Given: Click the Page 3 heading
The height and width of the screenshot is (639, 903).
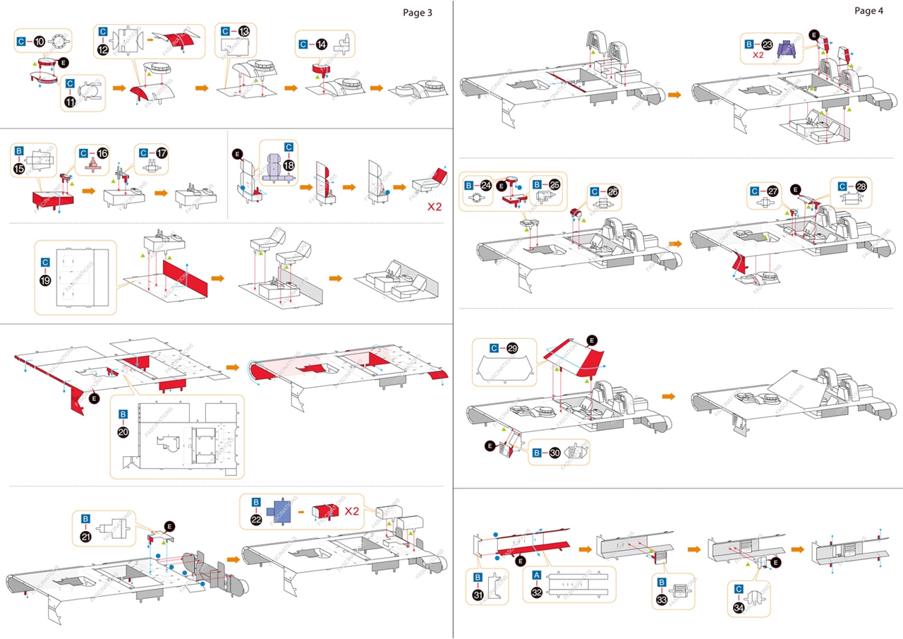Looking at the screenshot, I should [417, 12].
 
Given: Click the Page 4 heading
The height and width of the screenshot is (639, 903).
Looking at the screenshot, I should [868, 10].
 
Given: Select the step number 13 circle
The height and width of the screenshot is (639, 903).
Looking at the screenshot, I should [244, 31].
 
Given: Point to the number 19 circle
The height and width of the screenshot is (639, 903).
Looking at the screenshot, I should [45, 279].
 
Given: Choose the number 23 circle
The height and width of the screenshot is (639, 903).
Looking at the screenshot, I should [768, 43].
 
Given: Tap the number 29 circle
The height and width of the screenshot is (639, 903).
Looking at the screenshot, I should [512, 348].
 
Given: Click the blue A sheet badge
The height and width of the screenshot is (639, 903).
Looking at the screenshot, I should [538, 575].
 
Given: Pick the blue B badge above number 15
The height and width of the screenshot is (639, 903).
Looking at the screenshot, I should [20, 150].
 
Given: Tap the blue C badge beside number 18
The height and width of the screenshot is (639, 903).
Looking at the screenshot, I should [288, 148].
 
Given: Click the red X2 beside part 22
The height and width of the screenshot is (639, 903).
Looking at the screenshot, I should [353, 510].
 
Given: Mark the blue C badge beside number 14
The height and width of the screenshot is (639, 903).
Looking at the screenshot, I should [303, 44].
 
